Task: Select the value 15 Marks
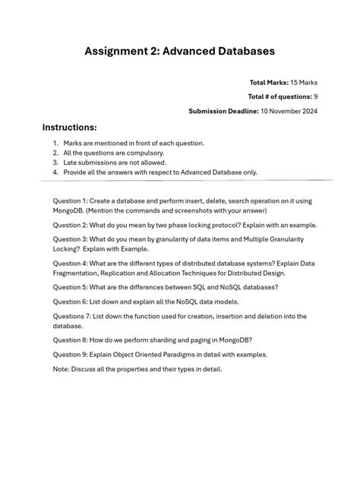click(300, 82)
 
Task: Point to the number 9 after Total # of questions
click(315, 96)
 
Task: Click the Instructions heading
click(70, 127)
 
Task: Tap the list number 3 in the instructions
click(55, 162)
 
